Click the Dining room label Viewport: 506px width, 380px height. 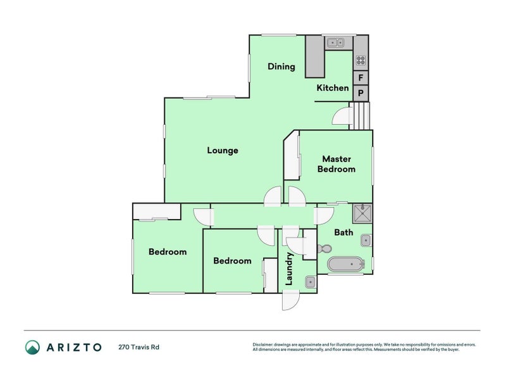[281, 66]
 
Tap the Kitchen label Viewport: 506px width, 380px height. [333, 88]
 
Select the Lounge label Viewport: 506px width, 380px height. [223, 151]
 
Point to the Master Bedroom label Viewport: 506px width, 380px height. [336, 164]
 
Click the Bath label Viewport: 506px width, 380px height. [343, 232]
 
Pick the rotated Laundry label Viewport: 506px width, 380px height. [289, 269]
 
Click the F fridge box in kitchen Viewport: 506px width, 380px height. [361, 77]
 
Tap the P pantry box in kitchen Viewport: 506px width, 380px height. [361, 93]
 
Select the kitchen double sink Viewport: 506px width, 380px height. [335, 42]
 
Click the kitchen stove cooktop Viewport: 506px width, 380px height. [361, 60]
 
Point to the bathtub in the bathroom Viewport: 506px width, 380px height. [345, 265]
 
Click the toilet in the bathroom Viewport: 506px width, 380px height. [324, 249]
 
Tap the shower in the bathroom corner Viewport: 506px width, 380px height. [362, 213]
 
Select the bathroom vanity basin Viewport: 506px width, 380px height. [366, 240]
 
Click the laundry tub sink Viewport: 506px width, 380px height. [310, 282]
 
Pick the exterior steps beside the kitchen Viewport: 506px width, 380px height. [359, 116]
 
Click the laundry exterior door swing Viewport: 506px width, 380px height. [291, 300]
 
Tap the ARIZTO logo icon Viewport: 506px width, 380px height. [33, 347]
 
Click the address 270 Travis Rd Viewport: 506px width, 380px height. [139, 347]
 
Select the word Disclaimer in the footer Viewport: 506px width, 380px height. [262, 345]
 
